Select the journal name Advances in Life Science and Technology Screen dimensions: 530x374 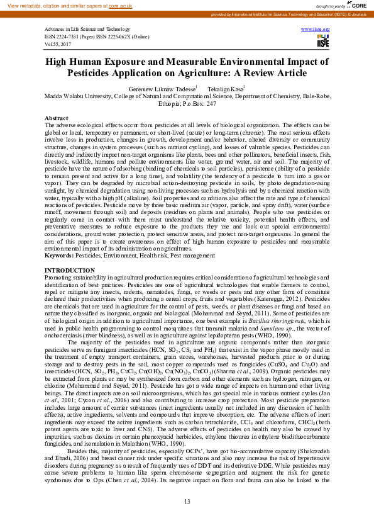(87, 30)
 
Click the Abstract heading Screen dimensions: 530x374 (57, 118)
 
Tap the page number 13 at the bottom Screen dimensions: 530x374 (187, 501)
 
